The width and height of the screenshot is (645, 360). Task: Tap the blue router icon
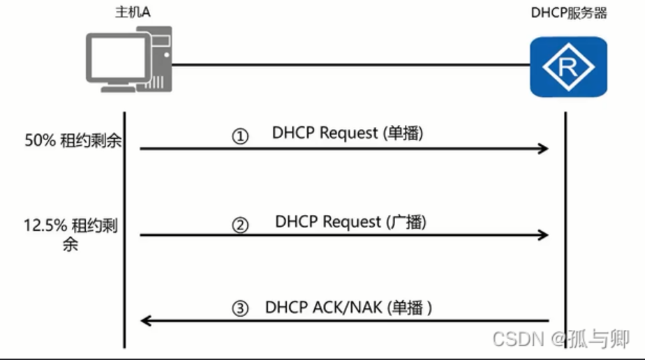(568, 66)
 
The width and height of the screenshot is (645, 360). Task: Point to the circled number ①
(240, 137)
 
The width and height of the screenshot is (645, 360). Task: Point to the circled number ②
(240, 225)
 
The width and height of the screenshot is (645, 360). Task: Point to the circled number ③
(240, 309)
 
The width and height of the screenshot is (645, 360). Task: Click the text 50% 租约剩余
(73, 140)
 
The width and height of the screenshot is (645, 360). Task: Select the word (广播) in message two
(406, 222)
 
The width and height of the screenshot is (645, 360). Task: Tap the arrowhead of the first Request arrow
(542, 149)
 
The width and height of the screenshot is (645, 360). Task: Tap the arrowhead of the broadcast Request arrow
(542, 236)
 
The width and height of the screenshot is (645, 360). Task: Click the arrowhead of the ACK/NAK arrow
(146, 320)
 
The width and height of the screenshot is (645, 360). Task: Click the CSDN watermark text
(518, 339)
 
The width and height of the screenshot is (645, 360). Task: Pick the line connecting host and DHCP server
(349, 66)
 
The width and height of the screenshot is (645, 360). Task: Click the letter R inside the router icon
(568, 66)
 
